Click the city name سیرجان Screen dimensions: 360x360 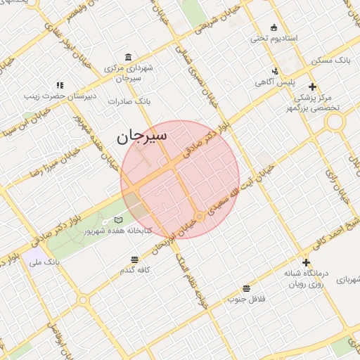tap(142, 136)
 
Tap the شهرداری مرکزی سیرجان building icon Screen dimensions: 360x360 tap(127, 57)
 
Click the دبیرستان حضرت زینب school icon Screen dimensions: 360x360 tap(60, 84)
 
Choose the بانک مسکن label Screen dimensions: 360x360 tap(333, 61)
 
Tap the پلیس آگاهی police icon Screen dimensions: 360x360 tap(275, 70)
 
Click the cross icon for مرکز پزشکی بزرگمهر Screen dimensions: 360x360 tap(312, 86)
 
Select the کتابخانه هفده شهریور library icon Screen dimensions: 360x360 tap(118, 221)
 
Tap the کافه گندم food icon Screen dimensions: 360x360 tap(135, 259)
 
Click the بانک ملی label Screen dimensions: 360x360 tap(44, 262)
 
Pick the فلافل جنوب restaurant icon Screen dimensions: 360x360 tap(246, 288)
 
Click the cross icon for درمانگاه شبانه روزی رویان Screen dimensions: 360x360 tap(305, 262)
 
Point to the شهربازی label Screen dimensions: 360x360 tap(347, 279)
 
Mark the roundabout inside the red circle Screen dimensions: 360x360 tap(200, 217)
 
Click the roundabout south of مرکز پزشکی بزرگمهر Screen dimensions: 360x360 tap(335, 122)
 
